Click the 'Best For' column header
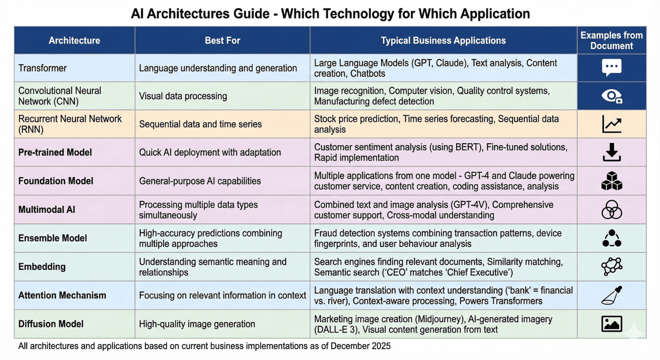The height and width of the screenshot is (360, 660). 222,40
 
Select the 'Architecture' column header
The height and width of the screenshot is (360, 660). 74,40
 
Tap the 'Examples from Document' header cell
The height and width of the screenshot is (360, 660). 611,40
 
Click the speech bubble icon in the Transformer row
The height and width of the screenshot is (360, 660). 611,68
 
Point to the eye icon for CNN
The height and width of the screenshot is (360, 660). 611,96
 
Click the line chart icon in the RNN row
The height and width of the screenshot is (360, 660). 611,124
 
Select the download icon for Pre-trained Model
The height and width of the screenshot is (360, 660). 611,152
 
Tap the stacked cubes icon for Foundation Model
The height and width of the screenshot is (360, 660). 611,181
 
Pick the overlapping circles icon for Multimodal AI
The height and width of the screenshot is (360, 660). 611,209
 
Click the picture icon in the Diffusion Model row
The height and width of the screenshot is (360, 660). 611,324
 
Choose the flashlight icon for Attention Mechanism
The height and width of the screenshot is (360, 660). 611,295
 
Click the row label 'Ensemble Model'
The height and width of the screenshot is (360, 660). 53,238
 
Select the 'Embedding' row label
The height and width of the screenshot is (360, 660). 42,267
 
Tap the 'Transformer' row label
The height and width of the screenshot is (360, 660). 42,68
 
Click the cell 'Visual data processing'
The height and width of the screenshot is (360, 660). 183,96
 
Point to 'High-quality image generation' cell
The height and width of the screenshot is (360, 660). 197,324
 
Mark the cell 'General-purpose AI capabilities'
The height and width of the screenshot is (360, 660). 200,181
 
